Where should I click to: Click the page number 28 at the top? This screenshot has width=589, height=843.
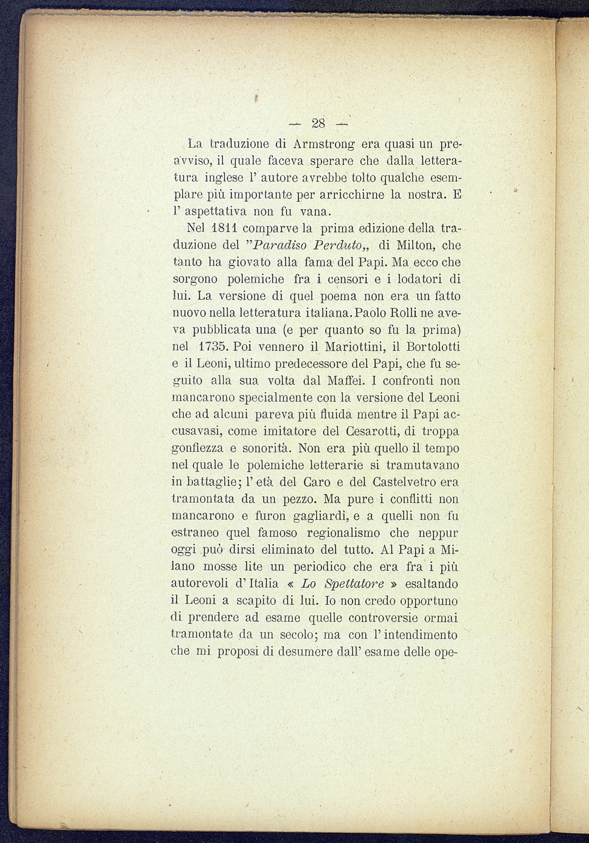pos(318,123)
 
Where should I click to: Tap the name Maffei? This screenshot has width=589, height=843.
pos(351,380)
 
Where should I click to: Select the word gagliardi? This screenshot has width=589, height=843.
pos(321,516)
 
